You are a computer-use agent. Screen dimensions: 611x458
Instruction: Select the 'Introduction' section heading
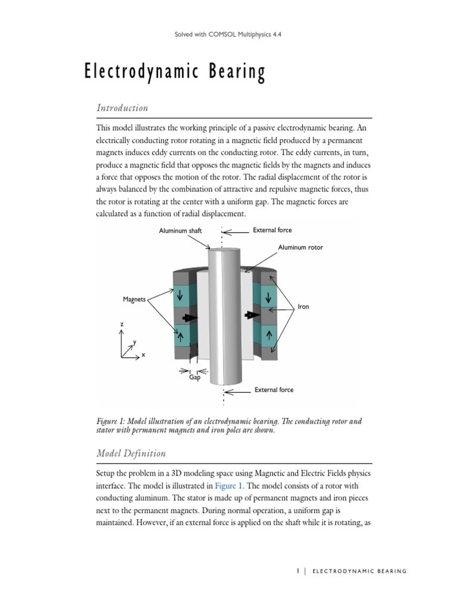[x=122, y=108]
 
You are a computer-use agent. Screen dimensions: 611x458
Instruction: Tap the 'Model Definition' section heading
[x=131, y=453]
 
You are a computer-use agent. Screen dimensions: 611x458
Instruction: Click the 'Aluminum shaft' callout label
[x=180, y=231]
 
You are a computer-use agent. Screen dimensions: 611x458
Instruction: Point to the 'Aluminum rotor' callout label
[x=300, y=247]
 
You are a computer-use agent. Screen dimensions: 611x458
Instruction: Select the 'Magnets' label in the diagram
[x=134, y=300]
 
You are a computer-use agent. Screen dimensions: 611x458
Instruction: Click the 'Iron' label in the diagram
[x=304, y=307]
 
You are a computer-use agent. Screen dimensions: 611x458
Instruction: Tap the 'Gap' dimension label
[x=194, y=378]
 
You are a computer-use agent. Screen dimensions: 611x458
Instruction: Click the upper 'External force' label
[x=273, y=230]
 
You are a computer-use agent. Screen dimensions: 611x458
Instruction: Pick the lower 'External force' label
[x=274, y=390]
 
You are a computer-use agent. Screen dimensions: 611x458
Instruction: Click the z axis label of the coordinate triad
[x=122, y=323]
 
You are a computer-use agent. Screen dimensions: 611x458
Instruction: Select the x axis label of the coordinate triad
[x=143, y=354]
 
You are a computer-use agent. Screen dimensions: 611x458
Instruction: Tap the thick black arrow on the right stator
[x=252, y=314]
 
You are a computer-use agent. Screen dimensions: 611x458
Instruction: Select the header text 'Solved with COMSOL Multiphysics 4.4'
[x=229, y=35]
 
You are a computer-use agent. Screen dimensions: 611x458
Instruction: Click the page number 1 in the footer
[x=297, y=571]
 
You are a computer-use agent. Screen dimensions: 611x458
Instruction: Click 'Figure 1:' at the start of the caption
[x=112, y=421]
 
